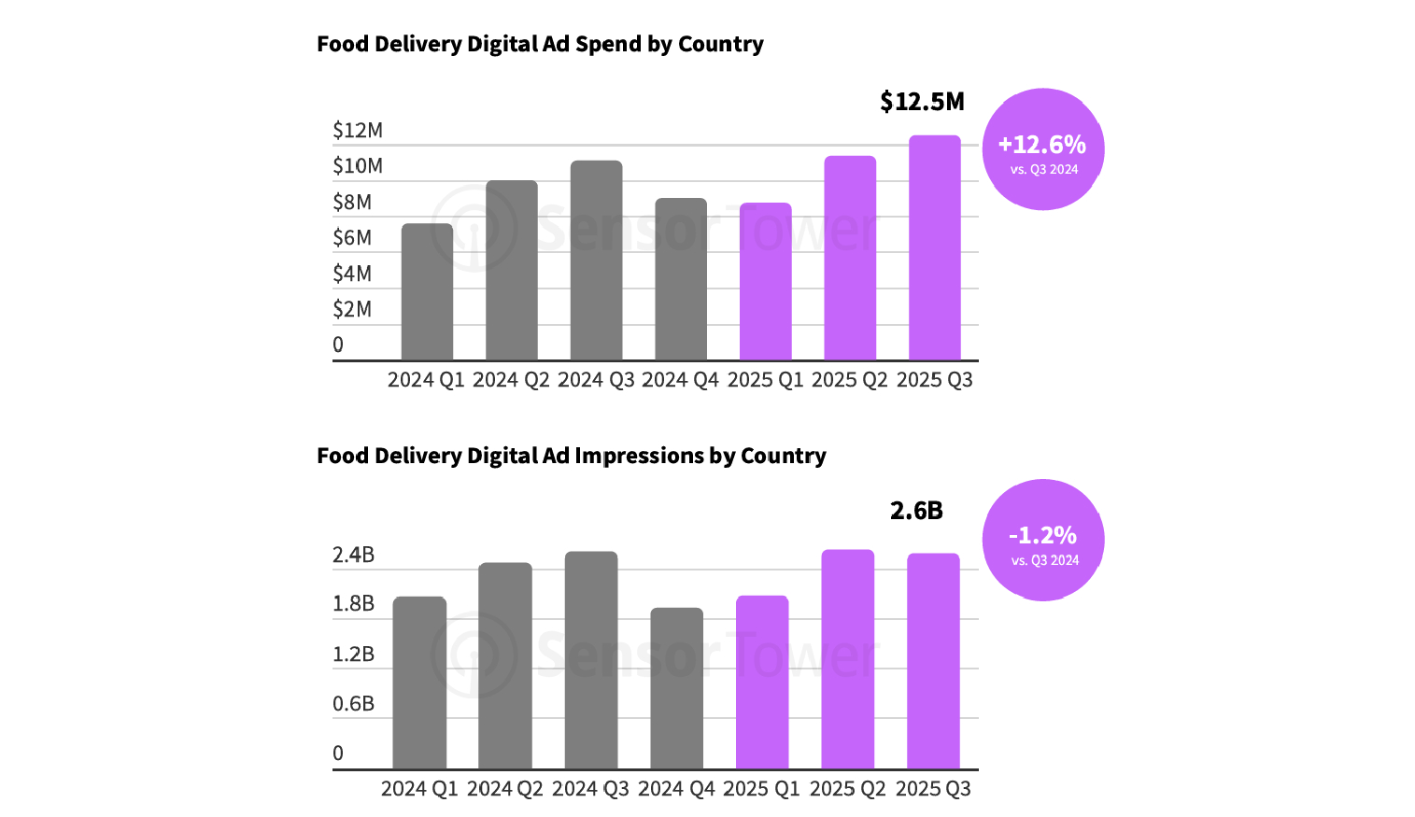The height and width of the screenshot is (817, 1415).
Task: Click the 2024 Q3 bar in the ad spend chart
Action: point(596,261)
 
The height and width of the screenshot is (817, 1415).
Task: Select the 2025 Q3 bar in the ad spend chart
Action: point(934,248)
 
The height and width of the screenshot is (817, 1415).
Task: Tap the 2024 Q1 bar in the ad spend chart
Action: point(427,292)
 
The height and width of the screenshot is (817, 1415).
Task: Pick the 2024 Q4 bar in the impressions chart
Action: point(676,688)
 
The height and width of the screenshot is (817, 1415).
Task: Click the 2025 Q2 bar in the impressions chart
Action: point(847,659)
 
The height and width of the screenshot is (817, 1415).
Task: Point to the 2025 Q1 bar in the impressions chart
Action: point(762,683)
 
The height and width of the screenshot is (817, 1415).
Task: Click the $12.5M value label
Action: point(922,102)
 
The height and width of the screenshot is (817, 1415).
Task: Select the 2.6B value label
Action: point(916,511)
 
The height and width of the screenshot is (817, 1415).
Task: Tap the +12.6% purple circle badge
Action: point(1042,149)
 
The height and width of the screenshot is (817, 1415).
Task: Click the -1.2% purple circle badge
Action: point(1042,540)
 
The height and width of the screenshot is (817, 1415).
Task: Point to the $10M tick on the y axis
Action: point(358,166)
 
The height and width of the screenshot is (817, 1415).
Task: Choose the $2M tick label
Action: point(352,309)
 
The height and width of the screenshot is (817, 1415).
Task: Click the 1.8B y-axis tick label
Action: point(353,604)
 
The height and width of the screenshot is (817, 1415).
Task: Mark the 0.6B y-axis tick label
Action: point(353,704)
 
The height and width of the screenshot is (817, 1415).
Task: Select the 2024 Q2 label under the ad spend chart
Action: point(511,380)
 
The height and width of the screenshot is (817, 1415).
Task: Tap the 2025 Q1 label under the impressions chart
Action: point(761,789)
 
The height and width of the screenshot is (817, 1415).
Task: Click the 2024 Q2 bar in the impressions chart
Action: point(505,666)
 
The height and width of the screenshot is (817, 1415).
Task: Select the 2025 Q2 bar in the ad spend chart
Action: point(850,259)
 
